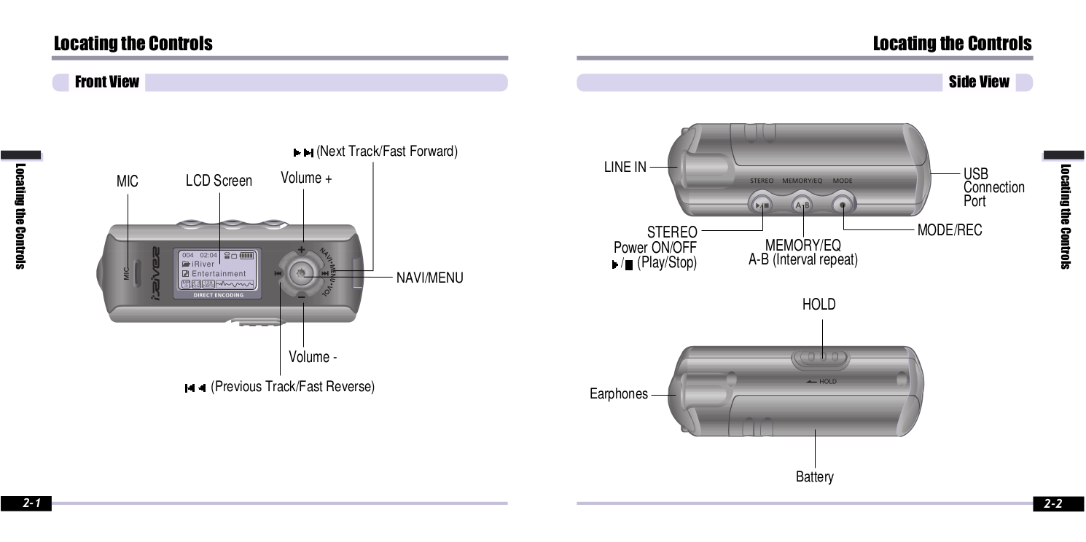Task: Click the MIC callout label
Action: pyautogui.click(x=127, y=181)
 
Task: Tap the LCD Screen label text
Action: pyautogui.click(x=219, y=181)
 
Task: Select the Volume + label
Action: pyautogui.click(x=306, y=178)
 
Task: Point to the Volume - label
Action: pyautogui.click(x=313, y=357)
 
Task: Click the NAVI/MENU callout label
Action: pyautogui.click(x=429, y=278)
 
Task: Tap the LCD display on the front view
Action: pyautogui.click(x=219, y=273)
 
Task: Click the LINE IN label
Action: pyautogui.click(x=625, y=167)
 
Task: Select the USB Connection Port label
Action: pyautogui.click(x=993, y=187)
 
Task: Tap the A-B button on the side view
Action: pyautogui.click(x=802, y=205)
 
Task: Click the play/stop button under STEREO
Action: pyautogui.click(x=761, y=205)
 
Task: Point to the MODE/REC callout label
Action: pyautogui.click(x=949, y=230)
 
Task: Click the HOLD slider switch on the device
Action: pyautogui.click(x=821, y=358)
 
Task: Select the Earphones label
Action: pyautogui.click(x=618, y=394)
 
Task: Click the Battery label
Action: pyautogui.click(x=814, y=477)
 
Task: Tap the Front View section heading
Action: pyautogui.click(x=106, y=82)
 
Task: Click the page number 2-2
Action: pyautogui.click(x=1052, y=503)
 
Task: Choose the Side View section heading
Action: pyautogui.click(x=978, y=82)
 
